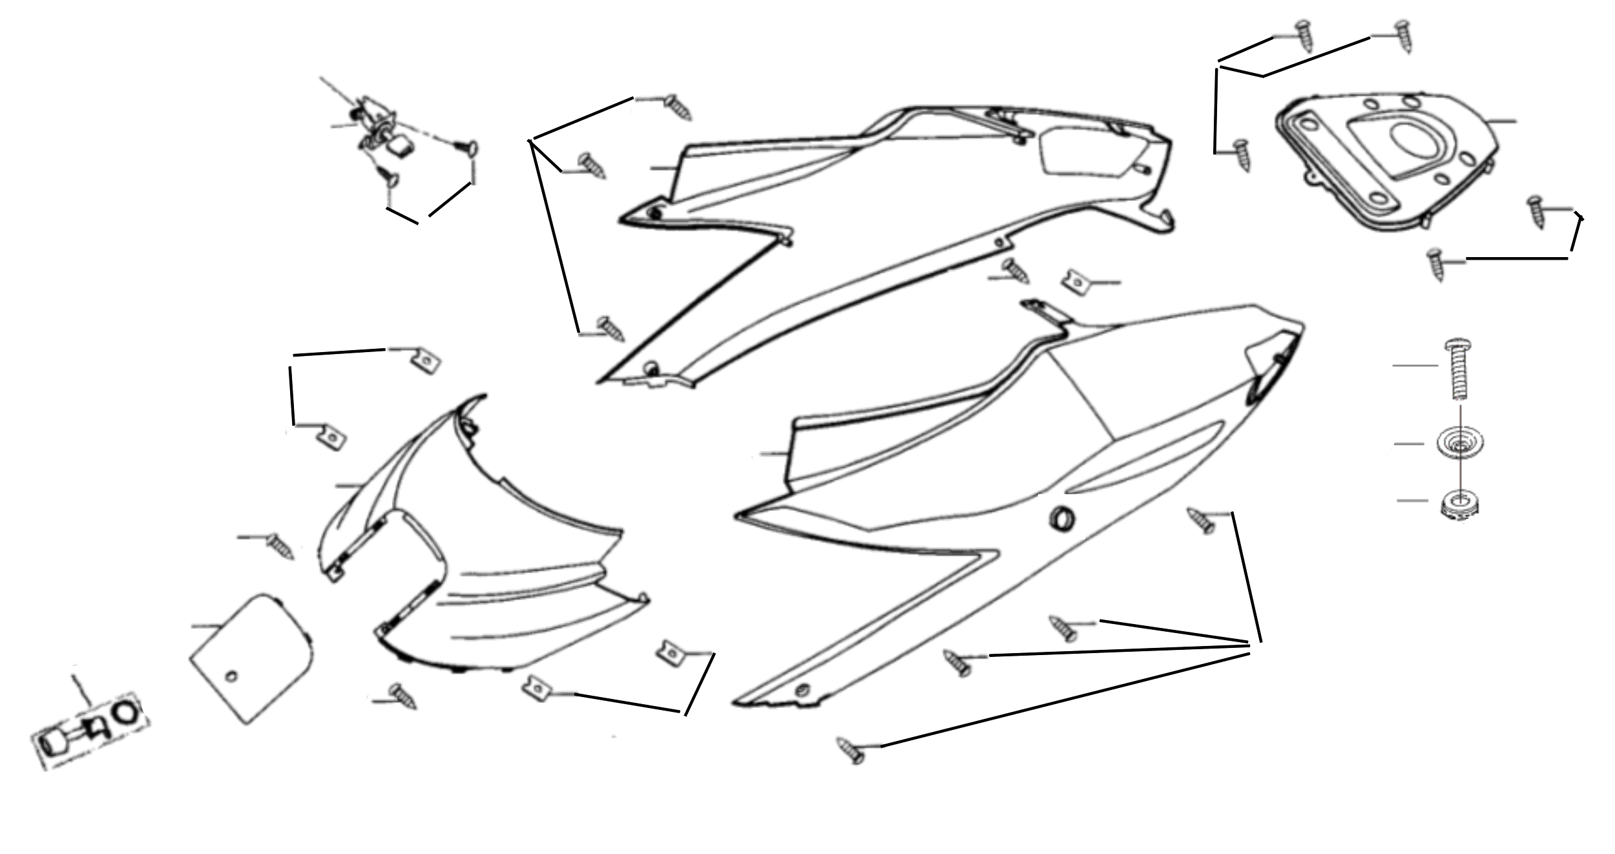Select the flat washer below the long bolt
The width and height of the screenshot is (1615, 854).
pos(1460,443)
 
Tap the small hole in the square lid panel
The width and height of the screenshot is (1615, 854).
pos(233,676)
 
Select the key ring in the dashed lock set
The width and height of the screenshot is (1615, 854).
pos(127,713)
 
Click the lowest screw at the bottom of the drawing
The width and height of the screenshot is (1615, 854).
pos(851,751)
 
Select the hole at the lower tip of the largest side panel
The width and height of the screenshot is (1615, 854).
pos(802,689)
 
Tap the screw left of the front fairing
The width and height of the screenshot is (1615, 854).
pos(280,546)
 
